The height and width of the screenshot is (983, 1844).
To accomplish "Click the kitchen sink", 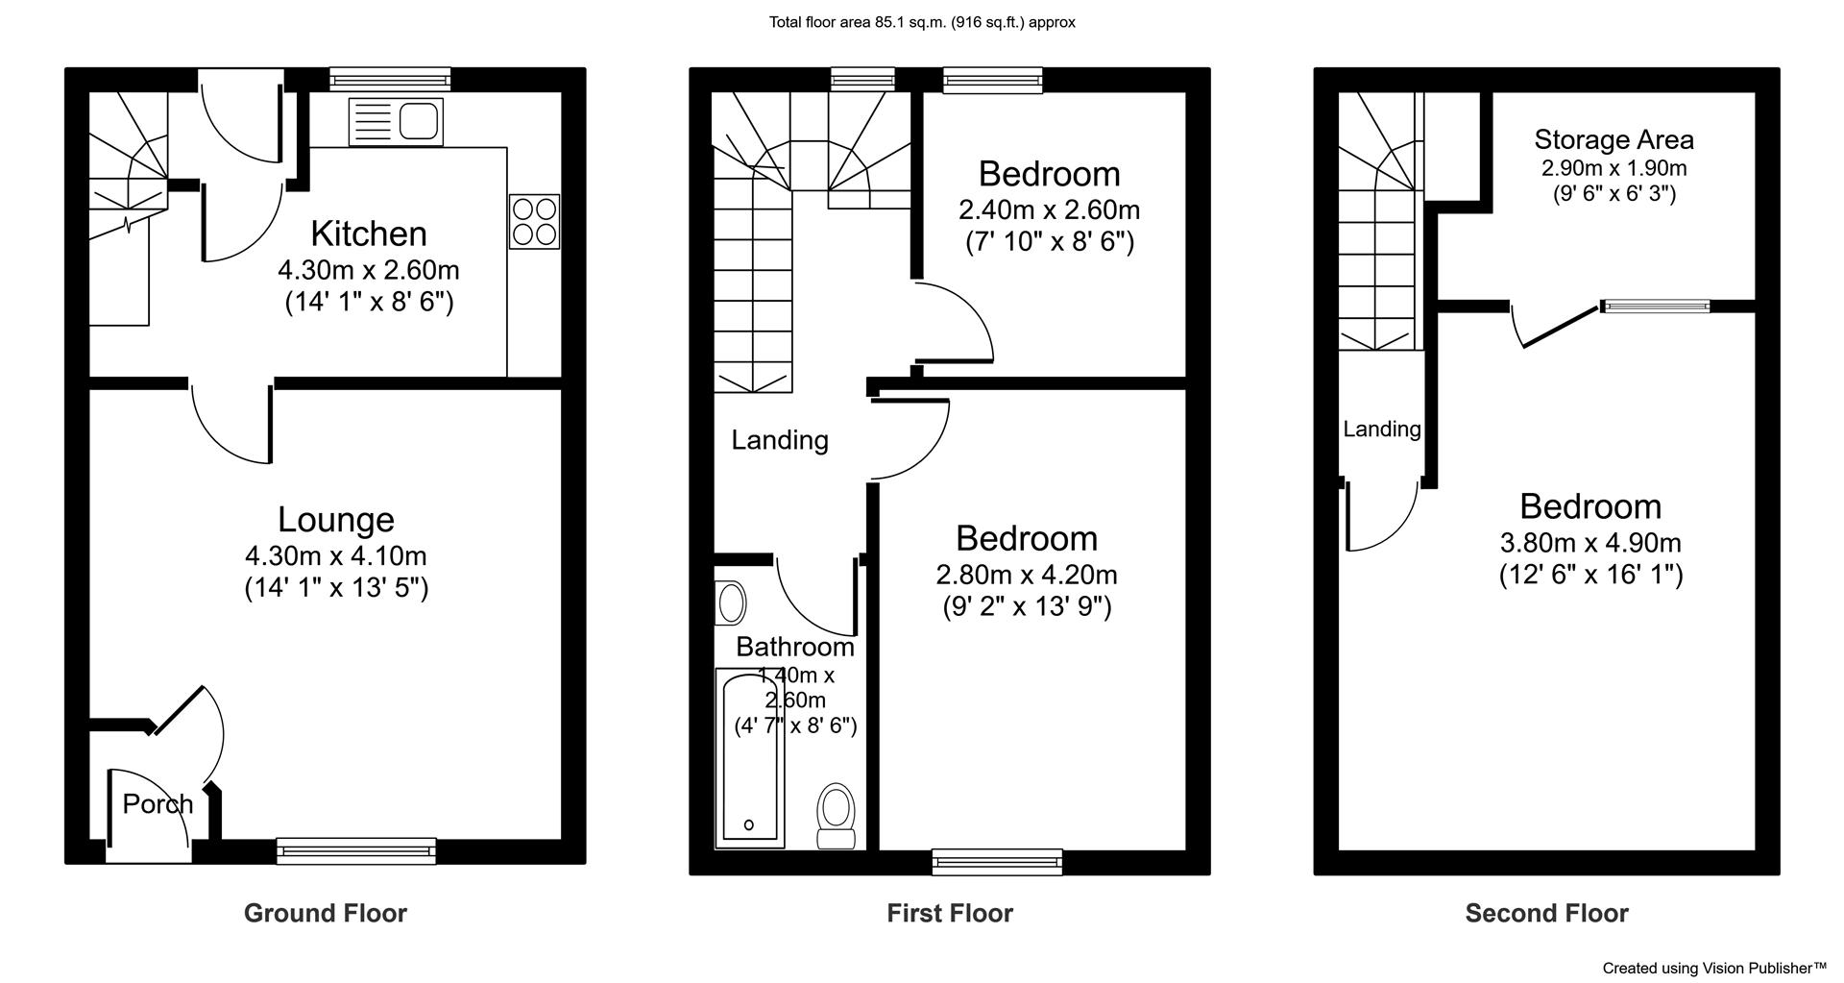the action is tap(397, 122).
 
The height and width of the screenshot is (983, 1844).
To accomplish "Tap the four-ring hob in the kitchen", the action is tap(535, 222).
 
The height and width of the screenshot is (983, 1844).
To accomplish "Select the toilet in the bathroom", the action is tap(836, 816).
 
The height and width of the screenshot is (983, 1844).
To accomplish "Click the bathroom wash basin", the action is tap(732, 603).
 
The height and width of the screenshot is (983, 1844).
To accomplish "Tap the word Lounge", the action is tap(336, 520).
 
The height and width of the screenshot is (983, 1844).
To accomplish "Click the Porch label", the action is tap(158, 804).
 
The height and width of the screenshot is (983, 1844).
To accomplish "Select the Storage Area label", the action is tap(1614, 140).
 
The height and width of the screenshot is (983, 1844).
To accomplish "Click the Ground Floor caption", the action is tap(326, 913).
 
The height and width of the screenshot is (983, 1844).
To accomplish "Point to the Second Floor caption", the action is tap(1547, 913).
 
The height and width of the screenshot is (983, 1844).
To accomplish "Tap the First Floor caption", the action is tap(950, 913).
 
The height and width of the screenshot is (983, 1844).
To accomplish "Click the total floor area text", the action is tap(922, 22).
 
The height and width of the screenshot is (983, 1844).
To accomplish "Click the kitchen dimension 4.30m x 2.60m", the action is tap(369, 270).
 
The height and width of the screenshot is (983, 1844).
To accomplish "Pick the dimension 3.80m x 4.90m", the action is tap(1591, 543).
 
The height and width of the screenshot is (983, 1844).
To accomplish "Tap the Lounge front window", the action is tap(355, 849).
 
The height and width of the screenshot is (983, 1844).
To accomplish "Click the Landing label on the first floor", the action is tap(780, 440).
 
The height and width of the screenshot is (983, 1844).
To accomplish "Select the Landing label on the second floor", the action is tap(1382, 430).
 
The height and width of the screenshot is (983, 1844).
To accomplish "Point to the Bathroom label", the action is tap(795, 648).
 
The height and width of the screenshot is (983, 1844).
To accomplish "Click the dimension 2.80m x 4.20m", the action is tap(1027, 575).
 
